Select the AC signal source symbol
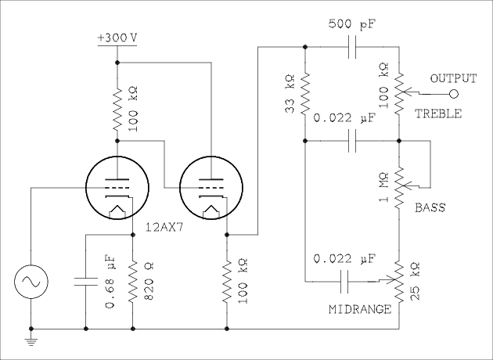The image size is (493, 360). [31, 280]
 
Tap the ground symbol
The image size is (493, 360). [31, 338]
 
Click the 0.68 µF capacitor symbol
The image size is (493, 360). [85, 280]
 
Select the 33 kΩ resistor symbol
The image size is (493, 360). [304, 93]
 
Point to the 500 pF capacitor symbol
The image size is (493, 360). [352, 48]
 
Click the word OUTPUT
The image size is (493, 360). [453, 78]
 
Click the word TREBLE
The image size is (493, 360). [438, 113]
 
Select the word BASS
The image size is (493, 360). [430, 207]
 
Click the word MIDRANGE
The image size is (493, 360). [361, 309]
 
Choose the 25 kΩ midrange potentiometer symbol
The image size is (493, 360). [399, 282]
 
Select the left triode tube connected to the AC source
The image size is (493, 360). [117, 188]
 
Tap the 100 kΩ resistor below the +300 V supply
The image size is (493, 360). [117, 110]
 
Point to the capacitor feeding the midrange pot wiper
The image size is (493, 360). [352, 280]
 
